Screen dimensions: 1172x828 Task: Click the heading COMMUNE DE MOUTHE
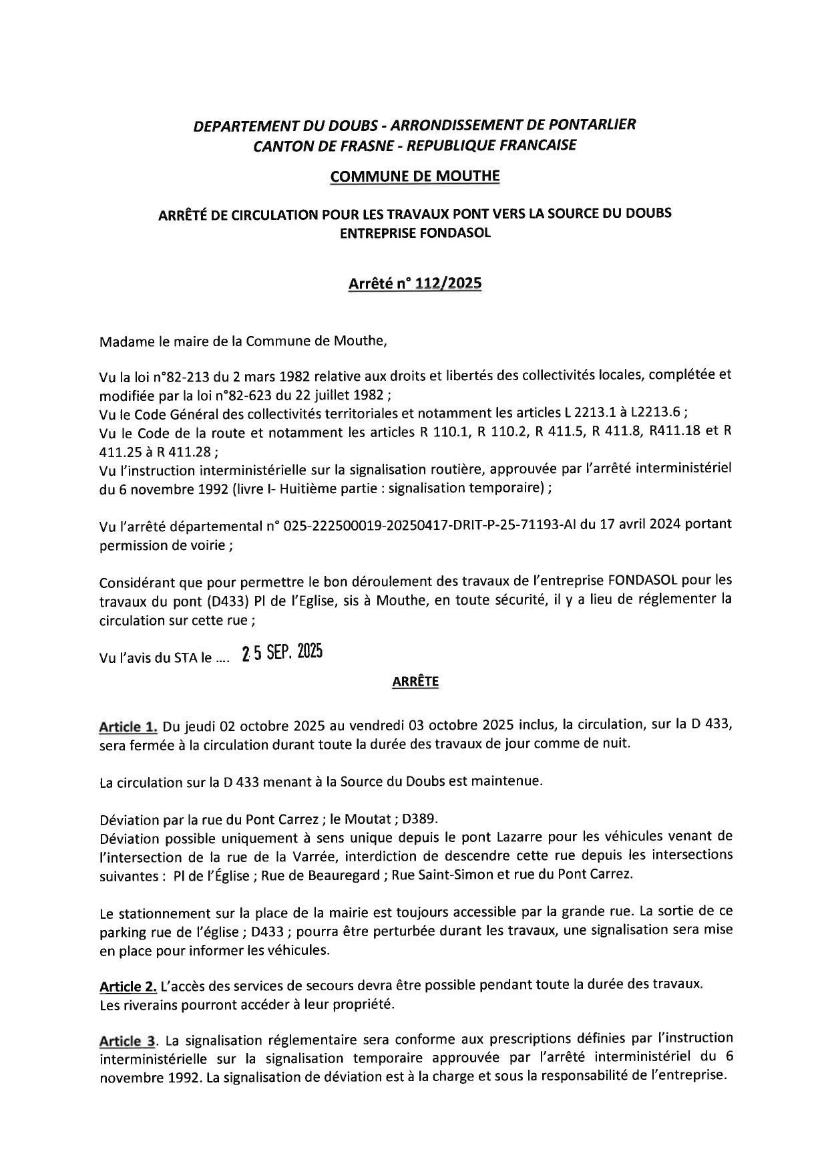click(415, 176)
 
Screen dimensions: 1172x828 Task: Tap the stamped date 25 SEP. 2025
click(283, 653)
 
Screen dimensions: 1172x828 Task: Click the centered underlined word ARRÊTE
click(415, 682)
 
